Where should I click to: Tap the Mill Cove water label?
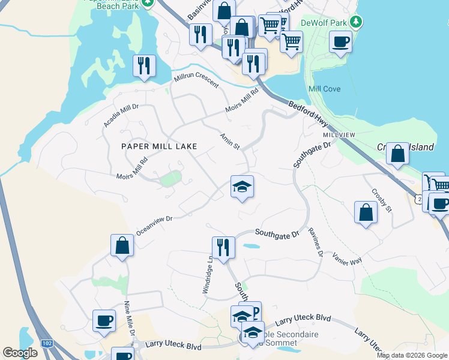[x=324, y=89]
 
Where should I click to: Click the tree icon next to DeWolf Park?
[x=357, y=22]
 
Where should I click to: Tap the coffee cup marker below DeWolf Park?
[x=340, y=42]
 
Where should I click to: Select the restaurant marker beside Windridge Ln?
[x=223, y=247]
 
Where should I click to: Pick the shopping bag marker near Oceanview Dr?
[x=122, y=245]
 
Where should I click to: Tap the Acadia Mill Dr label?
[x=121, y=115]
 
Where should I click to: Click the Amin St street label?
[x=230, y=142]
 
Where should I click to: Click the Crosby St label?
[x=381, y=200]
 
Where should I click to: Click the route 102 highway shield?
[x=46, y=343]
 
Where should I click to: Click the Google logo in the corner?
[x=20, y=353]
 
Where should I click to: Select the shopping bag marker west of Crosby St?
[x=366, y=213]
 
